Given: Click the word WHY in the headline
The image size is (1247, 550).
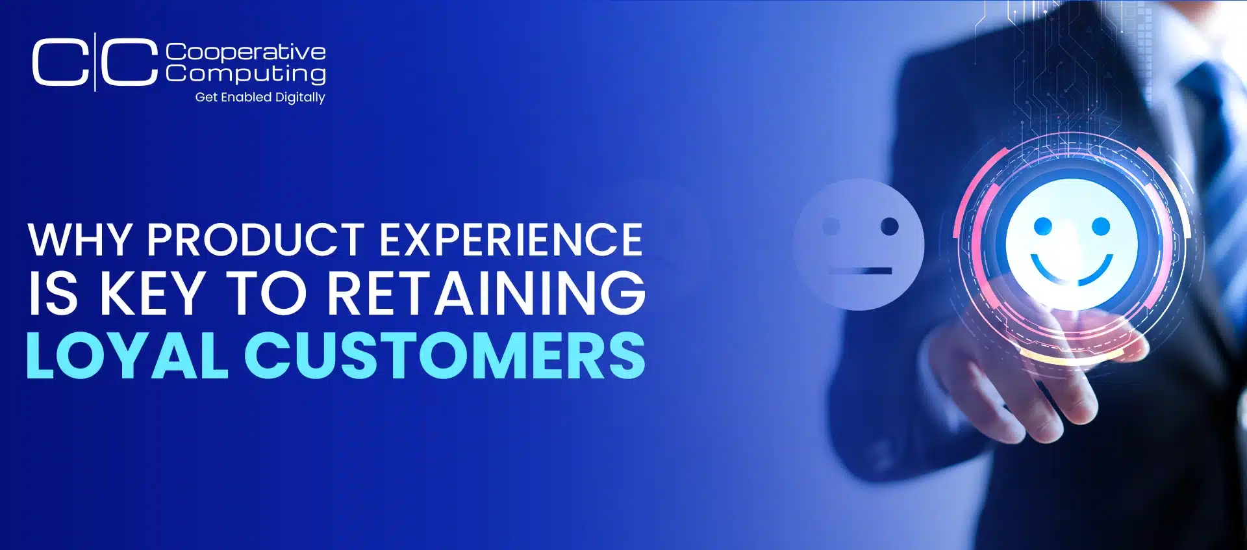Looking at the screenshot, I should (80, 240).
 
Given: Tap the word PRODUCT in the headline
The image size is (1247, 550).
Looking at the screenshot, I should (255, 240).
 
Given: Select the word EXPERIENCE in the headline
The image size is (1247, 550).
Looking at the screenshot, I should (511, 240).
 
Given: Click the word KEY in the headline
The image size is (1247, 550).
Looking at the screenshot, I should (153, 293).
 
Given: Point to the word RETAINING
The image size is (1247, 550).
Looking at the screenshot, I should (486, 293).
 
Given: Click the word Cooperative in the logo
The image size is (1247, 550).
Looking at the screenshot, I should (246, 52).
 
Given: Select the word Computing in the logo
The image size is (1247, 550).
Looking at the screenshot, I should (246, 73).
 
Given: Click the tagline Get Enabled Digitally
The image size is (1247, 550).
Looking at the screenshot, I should (260, 98).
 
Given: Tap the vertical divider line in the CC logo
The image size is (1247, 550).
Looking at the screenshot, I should (95, 62).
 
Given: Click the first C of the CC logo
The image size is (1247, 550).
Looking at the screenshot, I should (60, 62).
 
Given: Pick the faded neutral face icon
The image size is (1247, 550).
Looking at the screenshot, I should (858, 244).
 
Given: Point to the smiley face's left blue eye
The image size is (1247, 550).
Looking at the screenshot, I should (1043, 226).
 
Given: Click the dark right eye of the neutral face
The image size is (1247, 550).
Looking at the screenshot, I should (889, 226).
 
